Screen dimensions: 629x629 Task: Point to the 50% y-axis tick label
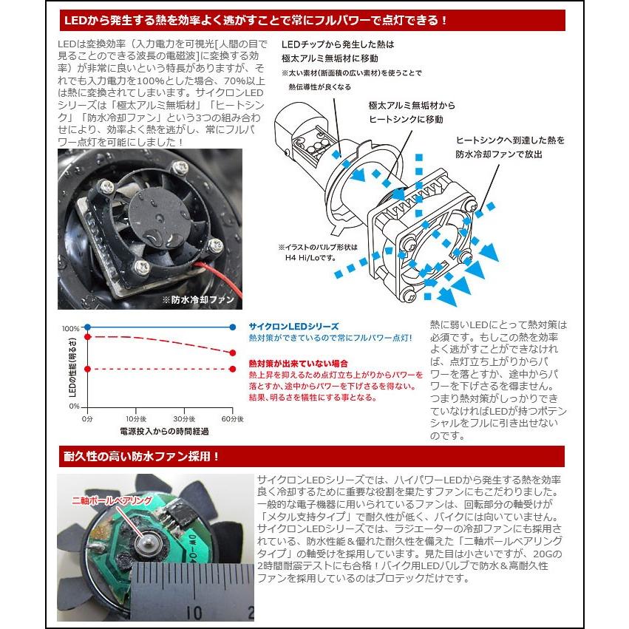(x=72, y=367)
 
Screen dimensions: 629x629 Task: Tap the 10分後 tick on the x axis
(x=135, y=418)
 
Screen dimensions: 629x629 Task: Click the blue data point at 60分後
(x=233, y=326)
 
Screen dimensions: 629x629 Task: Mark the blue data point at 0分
(x=87, y=326)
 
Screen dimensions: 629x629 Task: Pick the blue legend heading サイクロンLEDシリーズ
(x=293, y=326)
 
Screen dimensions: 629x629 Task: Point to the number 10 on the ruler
(x=196, y=612)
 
